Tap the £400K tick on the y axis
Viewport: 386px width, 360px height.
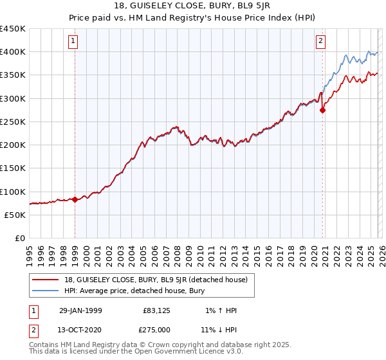click(x=13, y=52)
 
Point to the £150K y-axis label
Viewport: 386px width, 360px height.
click(x=13, y=168)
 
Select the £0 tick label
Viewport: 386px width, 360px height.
click(x=19, y=239)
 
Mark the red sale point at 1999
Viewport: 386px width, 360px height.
click(x=75, y=199)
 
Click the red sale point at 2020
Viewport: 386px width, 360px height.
click(x=323, y=110)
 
